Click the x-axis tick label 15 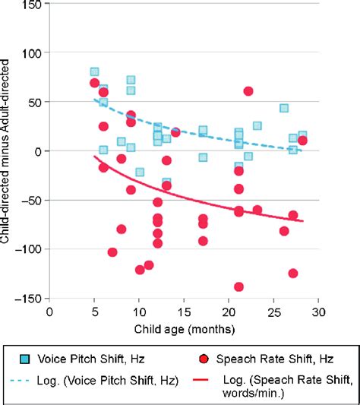pos(184,312)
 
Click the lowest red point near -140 pos(238,286)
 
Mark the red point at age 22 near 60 pos(248,91)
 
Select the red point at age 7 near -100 pos(112,252)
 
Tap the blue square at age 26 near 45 pos(284,109)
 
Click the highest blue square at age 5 pos(95,72)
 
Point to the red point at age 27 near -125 pos(293,273)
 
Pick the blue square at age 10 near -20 pos(140,172)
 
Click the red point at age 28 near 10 pos(302,141)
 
